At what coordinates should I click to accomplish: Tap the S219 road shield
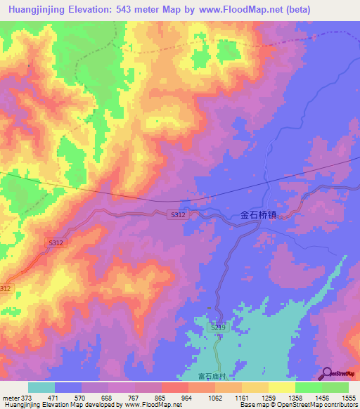click(218, 328)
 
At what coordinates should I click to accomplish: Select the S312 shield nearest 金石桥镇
click(177, 215)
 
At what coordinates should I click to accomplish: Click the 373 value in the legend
click(25, 398)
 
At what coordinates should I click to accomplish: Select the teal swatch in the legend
click(41, 387)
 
